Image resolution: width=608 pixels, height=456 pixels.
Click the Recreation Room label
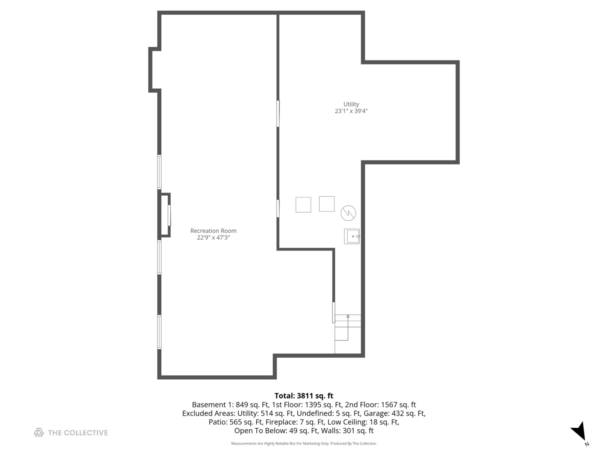pos(213,231)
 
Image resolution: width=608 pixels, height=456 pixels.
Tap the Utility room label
pos(351,104)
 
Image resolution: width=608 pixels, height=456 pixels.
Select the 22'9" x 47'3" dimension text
pos(213,238)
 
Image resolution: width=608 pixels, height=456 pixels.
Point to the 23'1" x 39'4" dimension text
pos(351,111)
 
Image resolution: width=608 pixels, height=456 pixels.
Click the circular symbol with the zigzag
pos(348,213)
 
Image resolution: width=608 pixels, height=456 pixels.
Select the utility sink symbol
pos(352,236)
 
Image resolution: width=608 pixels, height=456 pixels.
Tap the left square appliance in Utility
pos(303,205)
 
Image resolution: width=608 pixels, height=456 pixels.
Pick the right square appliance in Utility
pos(327,204)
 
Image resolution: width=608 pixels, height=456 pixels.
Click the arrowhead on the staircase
pos(348,316)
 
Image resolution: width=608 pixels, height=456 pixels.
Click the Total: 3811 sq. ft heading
pos(304,396)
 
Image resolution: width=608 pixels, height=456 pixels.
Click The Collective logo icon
pos(39,432)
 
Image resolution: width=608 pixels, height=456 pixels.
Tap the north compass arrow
pos(579,432)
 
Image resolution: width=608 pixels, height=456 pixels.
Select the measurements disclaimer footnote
pos(304,443)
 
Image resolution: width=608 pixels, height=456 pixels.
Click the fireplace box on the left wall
pos(164,215)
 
